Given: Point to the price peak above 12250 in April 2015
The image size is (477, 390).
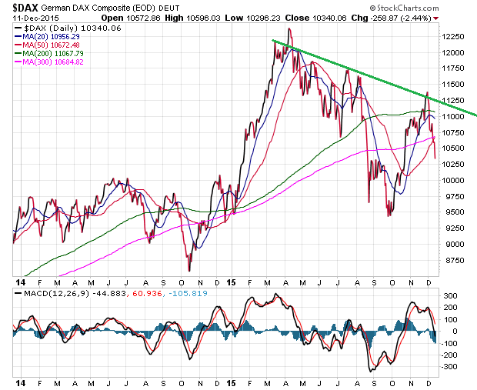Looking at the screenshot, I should (289, 29).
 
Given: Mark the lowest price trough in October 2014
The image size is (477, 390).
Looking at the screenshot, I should (189, 269).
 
